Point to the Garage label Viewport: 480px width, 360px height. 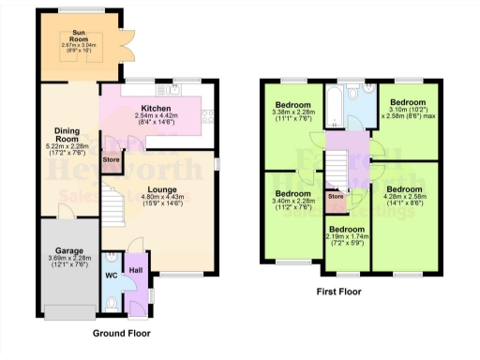(68, 252)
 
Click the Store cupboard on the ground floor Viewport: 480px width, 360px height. (112, 160)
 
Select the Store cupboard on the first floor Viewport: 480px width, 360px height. (335, 197)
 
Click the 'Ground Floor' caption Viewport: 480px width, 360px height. (123, 332)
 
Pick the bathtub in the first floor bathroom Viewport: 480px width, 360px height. (334, 101)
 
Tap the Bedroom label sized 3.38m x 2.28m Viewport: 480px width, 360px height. (292, 103)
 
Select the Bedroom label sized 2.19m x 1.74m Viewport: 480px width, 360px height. (347, 228)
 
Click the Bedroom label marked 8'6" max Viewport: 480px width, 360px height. (409, 101)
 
